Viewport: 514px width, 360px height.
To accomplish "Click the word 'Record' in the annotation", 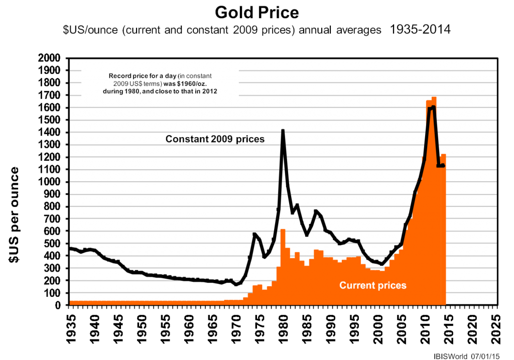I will point(119,76).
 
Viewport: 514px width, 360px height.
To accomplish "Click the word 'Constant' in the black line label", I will point(185,139).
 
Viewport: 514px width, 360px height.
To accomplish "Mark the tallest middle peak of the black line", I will point(283,131).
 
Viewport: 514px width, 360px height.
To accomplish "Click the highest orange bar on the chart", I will point(434,98).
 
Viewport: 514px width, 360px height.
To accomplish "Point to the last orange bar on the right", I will point(444,156).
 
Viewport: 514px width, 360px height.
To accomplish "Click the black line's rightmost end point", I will point(443,165).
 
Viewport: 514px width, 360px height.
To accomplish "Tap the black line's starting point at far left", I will point(70,248).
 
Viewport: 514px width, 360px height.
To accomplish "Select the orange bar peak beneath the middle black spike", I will point(283,230).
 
